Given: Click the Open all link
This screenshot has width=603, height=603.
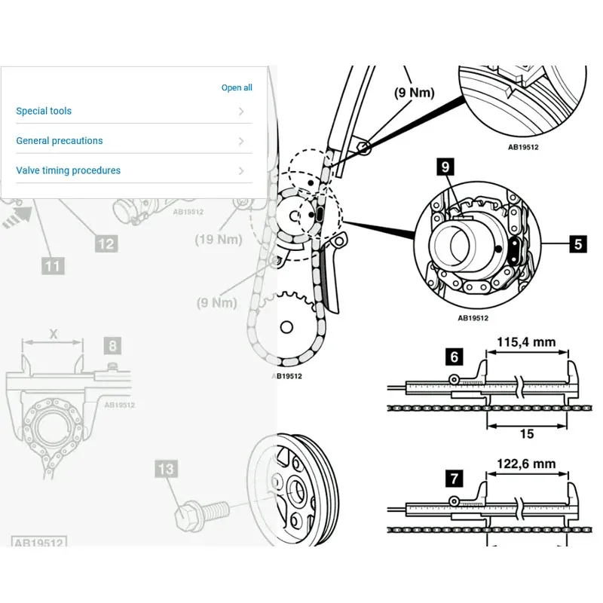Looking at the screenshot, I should [x=237, y=88].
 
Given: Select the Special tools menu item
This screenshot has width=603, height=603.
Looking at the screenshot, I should [x=44, y=111].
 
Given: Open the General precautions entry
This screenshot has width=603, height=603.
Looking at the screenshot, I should [x=60, y=141].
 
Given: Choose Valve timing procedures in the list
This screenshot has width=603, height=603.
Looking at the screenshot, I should [x=68, y=170].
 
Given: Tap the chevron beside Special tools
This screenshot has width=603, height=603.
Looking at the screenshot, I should [x=241, y=112].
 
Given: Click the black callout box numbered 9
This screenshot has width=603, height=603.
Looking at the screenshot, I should [x=446, y=166].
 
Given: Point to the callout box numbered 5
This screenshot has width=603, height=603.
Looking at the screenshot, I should [x=577, y=243].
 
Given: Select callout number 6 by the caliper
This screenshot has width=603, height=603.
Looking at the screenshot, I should [x=455, y=357].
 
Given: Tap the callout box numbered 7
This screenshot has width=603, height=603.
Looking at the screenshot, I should [x=455, y=478].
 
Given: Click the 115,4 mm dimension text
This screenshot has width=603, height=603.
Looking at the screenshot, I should [x=526, y=342].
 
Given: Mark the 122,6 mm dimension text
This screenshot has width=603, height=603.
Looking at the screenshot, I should [x=526, y=464].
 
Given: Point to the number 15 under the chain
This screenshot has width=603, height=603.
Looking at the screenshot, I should [x=527, y=433].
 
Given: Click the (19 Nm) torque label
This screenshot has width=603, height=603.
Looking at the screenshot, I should [x=219, y=240].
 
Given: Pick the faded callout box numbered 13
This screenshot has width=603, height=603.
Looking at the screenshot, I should [x=166, y=469].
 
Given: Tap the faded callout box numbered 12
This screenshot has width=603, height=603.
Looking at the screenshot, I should [x=106, y=243].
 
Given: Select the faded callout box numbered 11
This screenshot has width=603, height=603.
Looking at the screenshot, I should [x=53, y=265].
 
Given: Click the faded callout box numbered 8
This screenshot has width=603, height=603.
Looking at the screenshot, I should [x=112, y=346].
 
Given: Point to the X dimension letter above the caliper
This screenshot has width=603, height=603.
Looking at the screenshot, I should [x=53, y=332].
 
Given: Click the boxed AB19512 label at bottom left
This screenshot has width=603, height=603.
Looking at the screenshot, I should [x=38, y=542].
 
